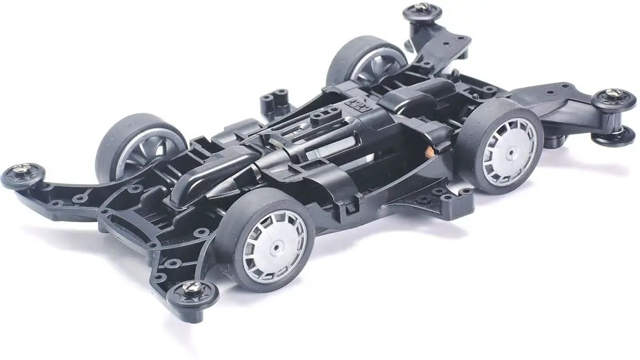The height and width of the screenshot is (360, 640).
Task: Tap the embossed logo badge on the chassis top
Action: click(366, 106)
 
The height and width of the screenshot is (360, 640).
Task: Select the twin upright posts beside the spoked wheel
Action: click(270, 102)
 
